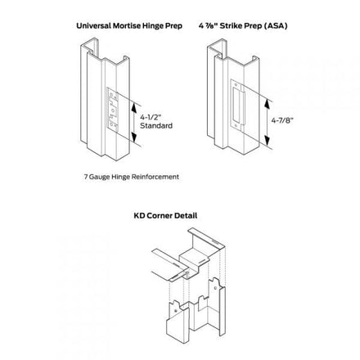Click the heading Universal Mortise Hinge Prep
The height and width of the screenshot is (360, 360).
(x=129, y=26)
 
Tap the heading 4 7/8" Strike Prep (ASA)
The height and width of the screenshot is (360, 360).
(x=243, y=26)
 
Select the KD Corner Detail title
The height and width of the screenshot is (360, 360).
(x=165, y=216)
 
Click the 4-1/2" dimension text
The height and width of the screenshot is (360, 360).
(x=151, y=117)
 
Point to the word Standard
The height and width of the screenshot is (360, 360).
(x=156, y=126)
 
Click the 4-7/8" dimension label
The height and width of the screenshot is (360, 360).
(x=282, y=120)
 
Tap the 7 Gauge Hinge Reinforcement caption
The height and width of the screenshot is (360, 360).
(x=132, y=177)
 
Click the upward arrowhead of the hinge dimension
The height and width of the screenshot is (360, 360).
(x=133, y=107)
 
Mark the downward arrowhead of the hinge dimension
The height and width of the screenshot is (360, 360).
(x=133, y=137)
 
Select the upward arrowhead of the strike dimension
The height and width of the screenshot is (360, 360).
(x=267, y=105)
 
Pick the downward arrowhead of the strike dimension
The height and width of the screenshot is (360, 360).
(x=267, y=140)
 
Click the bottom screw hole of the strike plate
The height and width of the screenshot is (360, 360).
(x=235, y=125)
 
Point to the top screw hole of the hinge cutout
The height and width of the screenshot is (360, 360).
(x=110, y=94)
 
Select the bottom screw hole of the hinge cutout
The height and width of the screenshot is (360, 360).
(x=111, y=125)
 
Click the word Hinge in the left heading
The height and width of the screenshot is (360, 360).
(x=155, y=26)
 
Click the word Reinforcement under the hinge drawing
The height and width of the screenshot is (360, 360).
(x=155, y=177)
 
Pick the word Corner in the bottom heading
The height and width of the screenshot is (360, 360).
(x=160, y=216)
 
